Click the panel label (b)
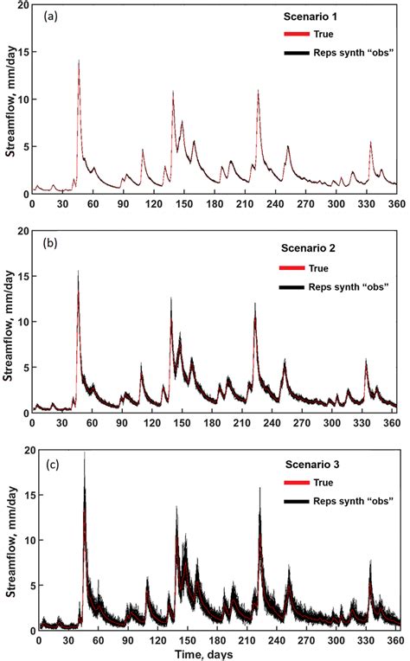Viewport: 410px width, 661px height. point(49,243)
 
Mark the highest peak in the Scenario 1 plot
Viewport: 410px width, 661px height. point(79,61)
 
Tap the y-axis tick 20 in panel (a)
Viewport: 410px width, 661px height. point(21,6)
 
